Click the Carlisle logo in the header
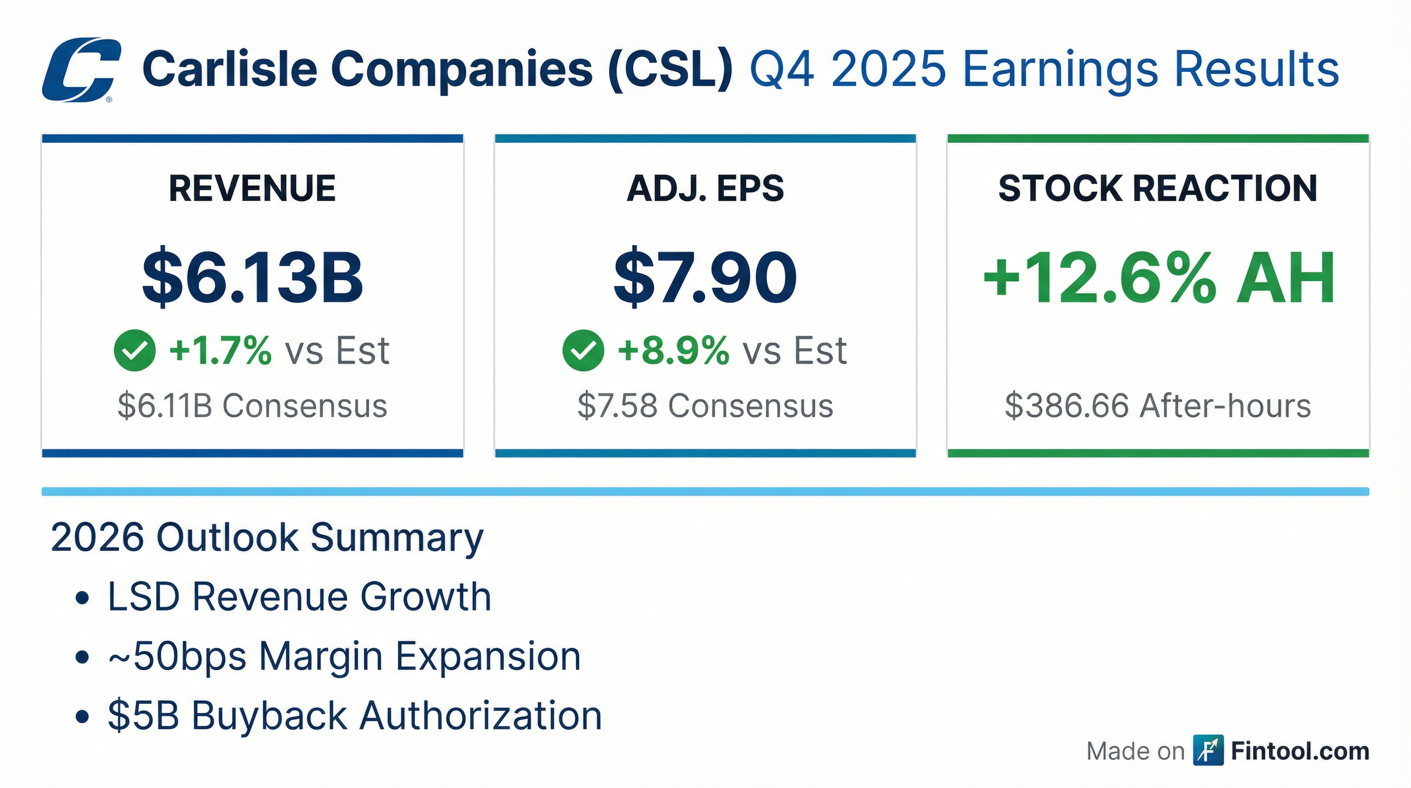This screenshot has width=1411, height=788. tap(81, 70)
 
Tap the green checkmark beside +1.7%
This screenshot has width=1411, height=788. tap(134, 351)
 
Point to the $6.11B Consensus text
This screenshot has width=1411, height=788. tap(252, 406)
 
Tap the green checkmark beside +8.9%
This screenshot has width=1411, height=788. tap(583, 351)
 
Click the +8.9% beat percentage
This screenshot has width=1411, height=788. tap(673, 351)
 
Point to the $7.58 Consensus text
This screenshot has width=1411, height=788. tap(705, 406)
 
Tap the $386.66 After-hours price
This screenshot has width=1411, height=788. tap(1157, 406)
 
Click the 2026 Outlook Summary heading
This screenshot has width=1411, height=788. tap(267, 538)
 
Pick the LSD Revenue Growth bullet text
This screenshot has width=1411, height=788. tap(299, 597)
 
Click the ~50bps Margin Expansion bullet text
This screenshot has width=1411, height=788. tap(344, 656)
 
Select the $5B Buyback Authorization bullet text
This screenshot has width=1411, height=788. tap(354, 716)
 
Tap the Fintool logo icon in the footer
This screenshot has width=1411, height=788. tap(1208, 751)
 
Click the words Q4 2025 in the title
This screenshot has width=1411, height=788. tap(847, 70)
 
